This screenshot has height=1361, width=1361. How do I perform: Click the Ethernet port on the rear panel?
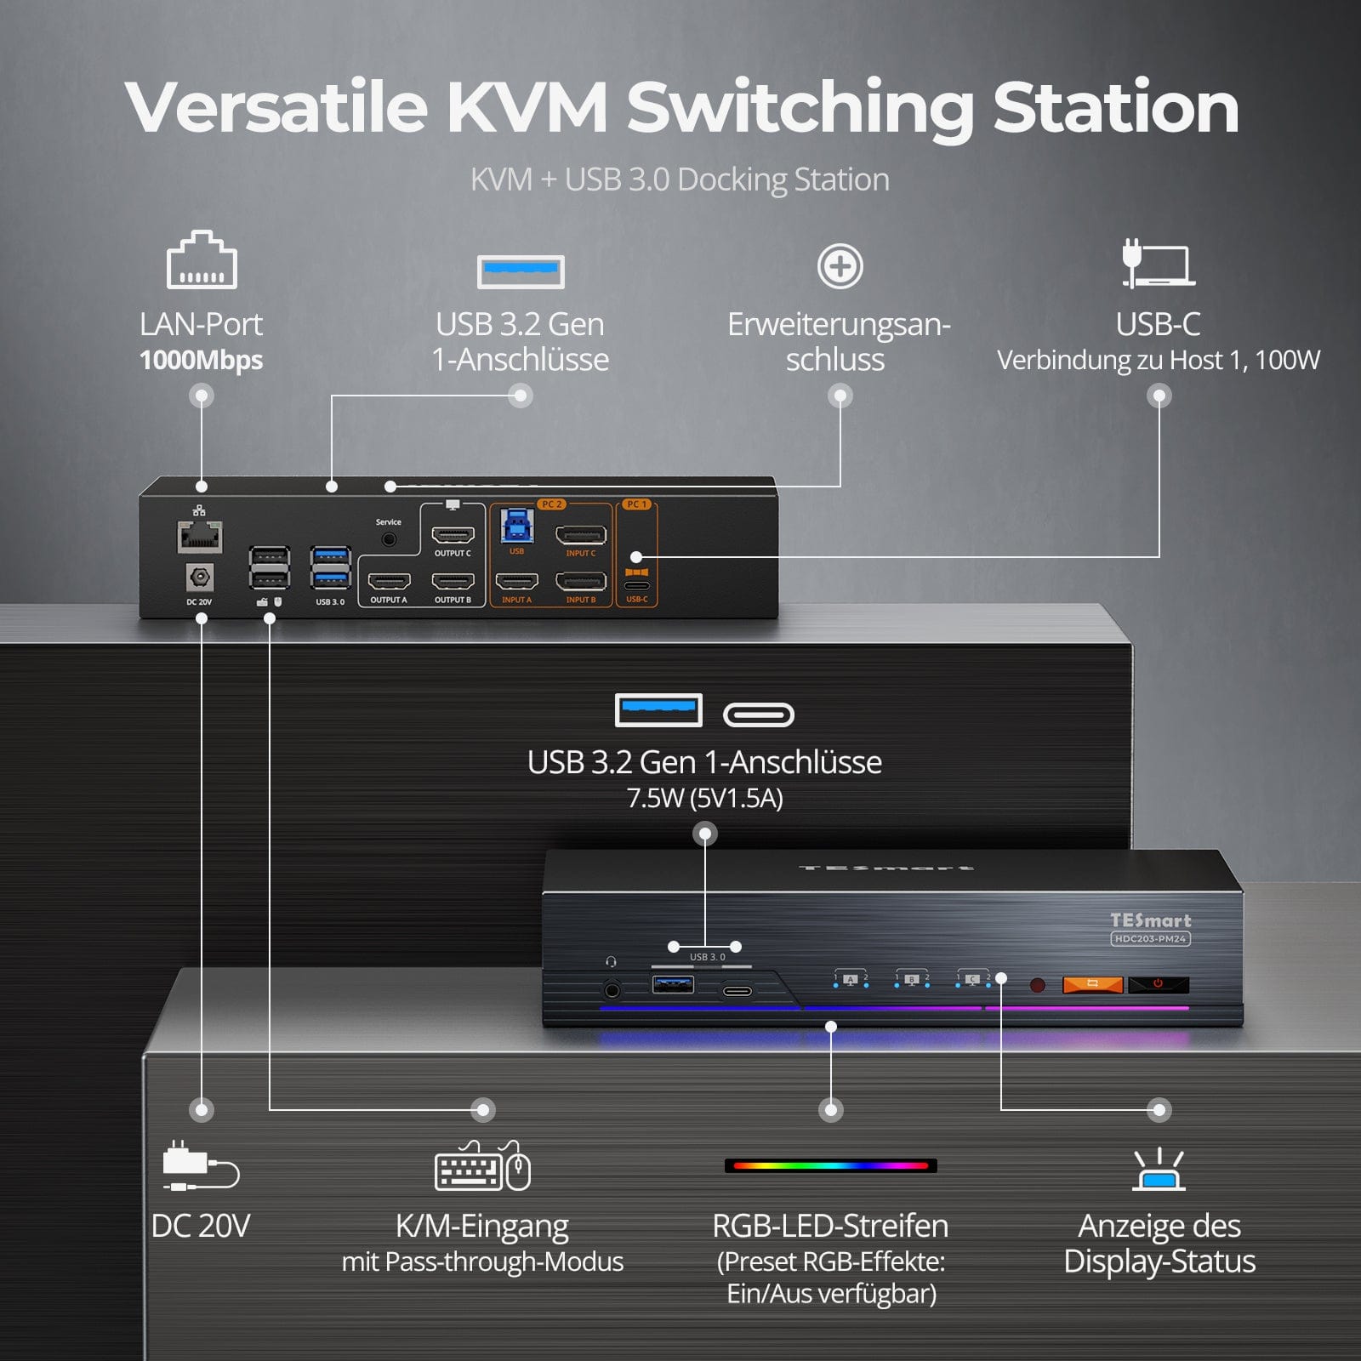pos(200,538)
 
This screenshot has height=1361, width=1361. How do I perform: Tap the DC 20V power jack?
pos(200,578)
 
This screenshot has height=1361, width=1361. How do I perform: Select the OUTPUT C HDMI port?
pos(453,535)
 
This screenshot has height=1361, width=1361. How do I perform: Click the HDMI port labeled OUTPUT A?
pos(389,582)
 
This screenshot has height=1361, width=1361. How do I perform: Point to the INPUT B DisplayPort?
pos(581,582)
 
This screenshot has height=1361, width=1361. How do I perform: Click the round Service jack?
pos(389,539)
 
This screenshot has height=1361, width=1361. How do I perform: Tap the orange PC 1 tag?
pos(636,504)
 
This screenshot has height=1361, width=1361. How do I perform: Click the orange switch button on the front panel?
pos(1093,984)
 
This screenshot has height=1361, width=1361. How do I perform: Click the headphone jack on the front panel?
pos(612,989)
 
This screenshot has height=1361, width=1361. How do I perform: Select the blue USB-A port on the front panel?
pos(673,985)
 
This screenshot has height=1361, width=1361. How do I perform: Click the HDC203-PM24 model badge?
pos(1150,939)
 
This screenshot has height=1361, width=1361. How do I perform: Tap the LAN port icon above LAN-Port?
pos(202,260)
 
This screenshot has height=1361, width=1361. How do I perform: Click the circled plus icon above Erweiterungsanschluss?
pos(840,267)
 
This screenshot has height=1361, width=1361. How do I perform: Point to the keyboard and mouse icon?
pos(482,1166)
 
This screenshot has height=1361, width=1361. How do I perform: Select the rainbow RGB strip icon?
pos(830,1165)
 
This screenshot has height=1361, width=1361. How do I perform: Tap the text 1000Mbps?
pos(202,360)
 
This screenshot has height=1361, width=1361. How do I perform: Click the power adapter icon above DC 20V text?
pos(201,1166)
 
